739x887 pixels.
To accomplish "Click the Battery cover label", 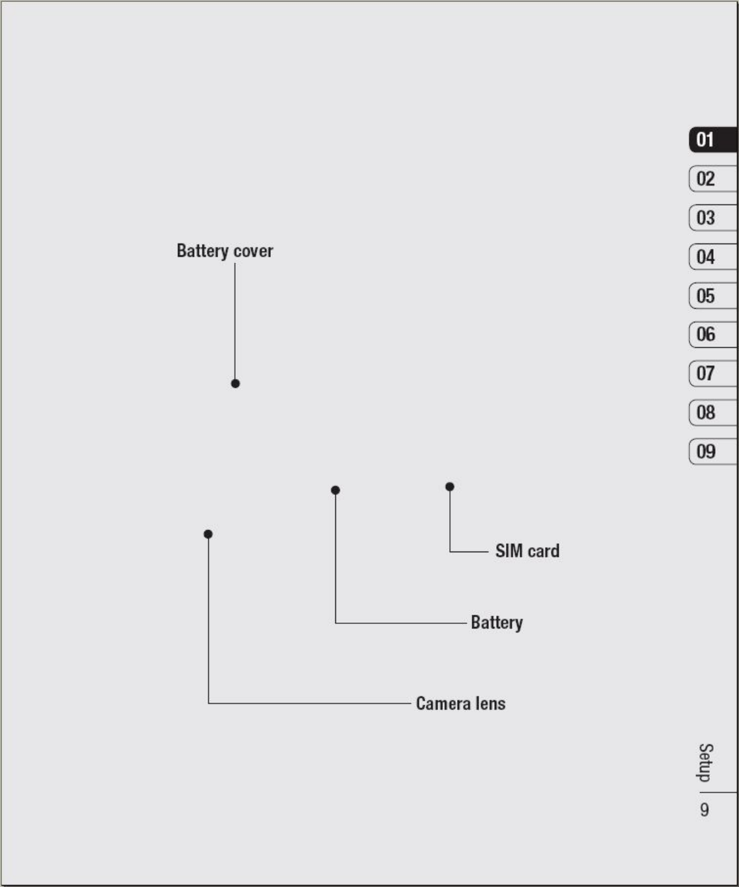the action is (x=225, y=251).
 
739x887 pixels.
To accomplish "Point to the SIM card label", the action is (x=527, y=551).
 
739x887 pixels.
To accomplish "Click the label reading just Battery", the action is (x=497, y=623).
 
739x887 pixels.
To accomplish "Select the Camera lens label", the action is (x=460, y=703).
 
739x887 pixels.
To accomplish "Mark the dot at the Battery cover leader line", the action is (x=235, y=384).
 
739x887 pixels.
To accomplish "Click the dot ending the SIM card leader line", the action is (x=449, y=486).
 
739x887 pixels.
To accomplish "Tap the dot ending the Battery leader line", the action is (x=335, y=490).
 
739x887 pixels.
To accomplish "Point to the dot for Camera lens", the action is (x=208, y=534).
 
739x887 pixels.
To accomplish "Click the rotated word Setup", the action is (x=705, y=763).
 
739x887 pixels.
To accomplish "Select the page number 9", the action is (x=704, y=810).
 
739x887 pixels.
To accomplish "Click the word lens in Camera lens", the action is (x=490, y=703).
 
